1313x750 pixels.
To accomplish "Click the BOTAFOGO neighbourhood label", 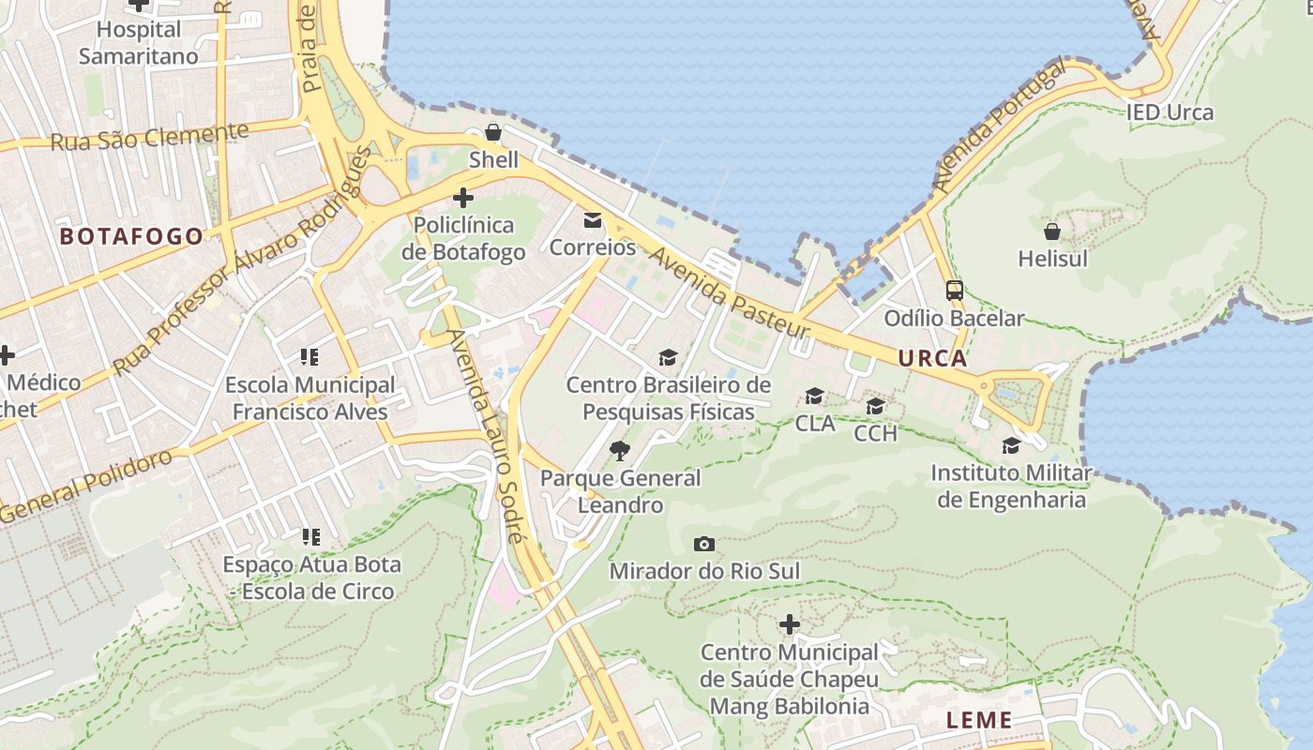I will pyautogui.click(x=131, y=236).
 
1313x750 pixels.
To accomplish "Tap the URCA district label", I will pyautogui.click(x=932, y=358).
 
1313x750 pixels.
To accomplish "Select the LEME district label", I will pyautogui.click(x=979, y=720).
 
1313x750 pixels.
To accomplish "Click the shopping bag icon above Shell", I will pyautogui.click(x=493, y=133).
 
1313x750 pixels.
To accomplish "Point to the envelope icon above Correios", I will pyautogui.click(x=593, y=220).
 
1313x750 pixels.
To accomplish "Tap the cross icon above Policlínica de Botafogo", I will pyautogui.click(x=463, y=198).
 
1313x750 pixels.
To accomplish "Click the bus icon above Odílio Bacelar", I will pyautogui.click(x=955, y=291).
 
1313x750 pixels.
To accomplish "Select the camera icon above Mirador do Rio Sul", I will pyautogui.click(x=704, y=544).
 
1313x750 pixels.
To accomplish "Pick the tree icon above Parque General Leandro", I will pyautogui.click(x=620, y=451).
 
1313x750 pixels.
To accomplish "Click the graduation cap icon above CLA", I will pyautogui.click(x=814, y=397).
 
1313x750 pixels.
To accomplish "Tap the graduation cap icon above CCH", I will pyautogui.click(x=875, y=406).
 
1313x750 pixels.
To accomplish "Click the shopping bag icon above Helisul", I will pyautogui.click(x=1052, y=231).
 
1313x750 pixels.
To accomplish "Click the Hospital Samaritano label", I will pyautogui.click(x=139, y=43).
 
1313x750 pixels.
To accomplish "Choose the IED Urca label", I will pyautogui.click(x=1170, y=113).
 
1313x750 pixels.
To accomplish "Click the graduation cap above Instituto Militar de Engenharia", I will pyautogui.click(x=1011, y=445).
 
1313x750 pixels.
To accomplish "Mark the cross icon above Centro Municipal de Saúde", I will pyautogui.click(x=790, y=624).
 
